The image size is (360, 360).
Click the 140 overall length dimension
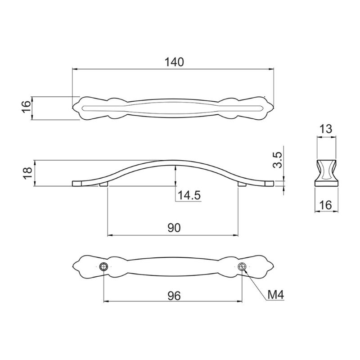175,62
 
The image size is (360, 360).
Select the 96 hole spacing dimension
174,296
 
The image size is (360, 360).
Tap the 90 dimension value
174,228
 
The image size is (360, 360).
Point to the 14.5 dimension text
189,195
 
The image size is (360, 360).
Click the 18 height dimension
28,173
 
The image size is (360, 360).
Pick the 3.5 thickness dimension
278,160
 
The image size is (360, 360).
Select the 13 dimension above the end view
326,130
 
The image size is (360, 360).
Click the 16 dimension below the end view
326,205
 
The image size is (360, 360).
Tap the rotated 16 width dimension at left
27,107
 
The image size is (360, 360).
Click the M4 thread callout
276,295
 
